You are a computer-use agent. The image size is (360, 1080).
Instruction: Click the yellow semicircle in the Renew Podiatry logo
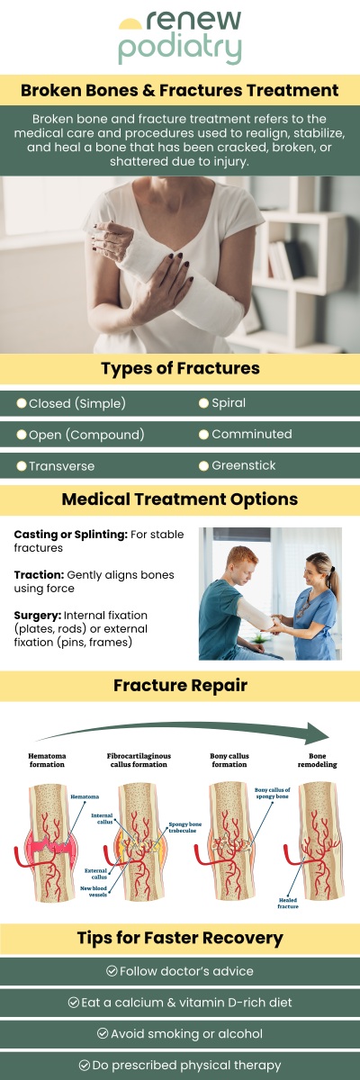pyautogui.click(x=130, y=22)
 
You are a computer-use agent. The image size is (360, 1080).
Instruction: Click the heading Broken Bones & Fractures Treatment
pyautogui.click(x=180, y=91)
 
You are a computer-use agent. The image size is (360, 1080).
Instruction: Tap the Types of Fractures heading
pyautogui.click(x=180, y=368)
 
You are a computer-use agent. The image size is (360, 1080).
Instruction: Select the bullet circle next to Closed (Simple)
pyautogui.click(x=22, y=403)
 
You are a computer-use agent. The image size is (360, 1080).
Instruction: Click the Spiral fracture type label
pyautogui.click(x=229, y=402)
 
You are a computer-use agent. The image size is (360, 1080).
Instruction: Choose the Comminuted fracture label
pyautogui.click(x=251, y=434)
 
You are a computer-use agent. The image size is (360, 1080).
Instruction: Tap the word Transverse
pyautogui.click(x=61, y=466)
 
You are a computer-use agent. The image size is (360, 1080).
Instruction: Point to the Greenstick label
pyautogui.click(x=243, y=465)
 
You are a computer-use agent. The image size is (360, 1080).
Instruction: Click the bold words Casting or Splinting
pyautogui.click(x=70, y=534)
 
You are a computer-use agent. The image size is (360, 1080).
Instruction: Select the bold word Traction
pyautogui.click(x=40, y=574)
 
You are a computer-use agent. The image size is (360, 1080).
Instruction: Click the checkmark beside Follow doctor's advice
pyautogui.click(x=112, y=971)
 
